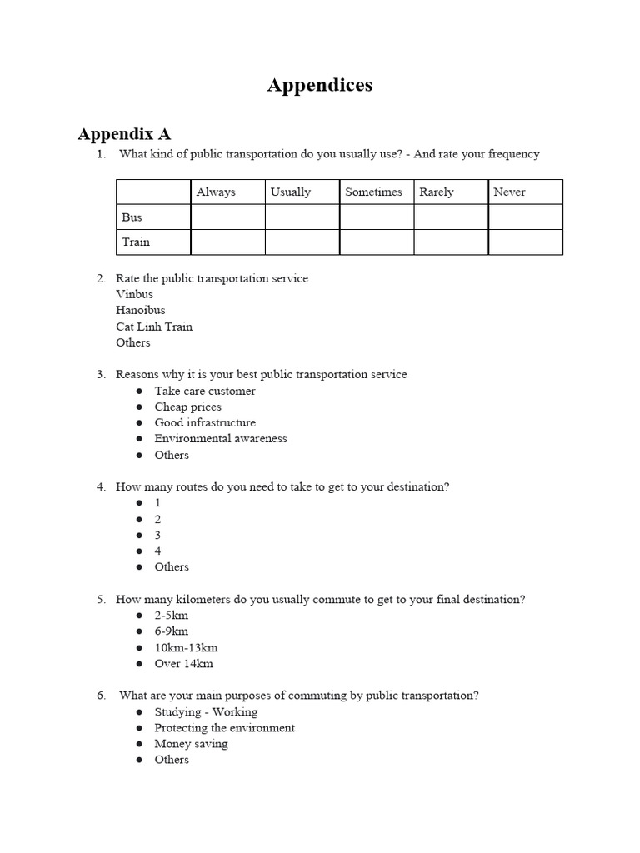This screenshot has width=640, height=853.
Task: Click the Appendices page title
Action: click(319, 85)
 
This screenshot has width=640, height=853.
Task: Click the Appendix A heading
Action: click(124, 133)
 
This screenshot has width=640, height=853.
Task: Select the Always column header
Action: click(216, 192)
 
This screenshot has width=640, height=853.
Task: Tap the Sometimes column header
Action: click(373, 192)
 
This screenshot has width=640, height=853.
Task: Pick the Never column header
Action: click(509, 192)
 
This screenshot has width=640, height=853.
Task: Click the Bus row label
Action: click(132, 217)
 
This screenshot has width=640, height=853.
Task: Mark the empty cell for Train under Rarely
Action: click(451, 242)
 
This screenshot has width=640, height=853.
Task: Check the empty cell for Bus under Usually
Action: click(302, 217)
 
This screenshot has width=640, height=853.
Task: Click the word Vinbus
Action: click(135, 294)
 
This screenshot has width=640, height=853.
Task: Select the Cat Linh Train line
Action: click(154, 327)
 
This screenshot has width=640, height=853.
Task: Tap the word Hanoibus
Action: click(141, 310)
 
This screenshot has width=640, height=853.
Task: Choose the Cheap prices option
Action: click(187, 407)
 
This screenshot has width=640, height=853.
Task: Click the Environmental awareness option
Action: click(220, 438)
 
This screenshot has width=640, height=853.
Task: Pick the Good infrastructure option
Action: click(205, 422)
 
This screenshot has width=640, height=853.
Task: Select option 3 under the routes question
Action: click(157, 535)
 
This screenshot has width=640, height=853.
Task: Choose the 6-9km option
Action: click(172, 631)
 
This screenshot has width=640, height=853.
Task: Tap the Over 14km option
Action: click(183, 664)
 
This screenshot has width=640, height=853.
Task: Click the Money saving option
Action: click(191, 744)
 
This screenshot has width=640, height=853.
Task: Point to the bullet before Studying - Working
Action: click(139, 712)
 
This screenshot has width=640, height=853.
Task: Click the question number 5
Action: click(101, 600)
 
